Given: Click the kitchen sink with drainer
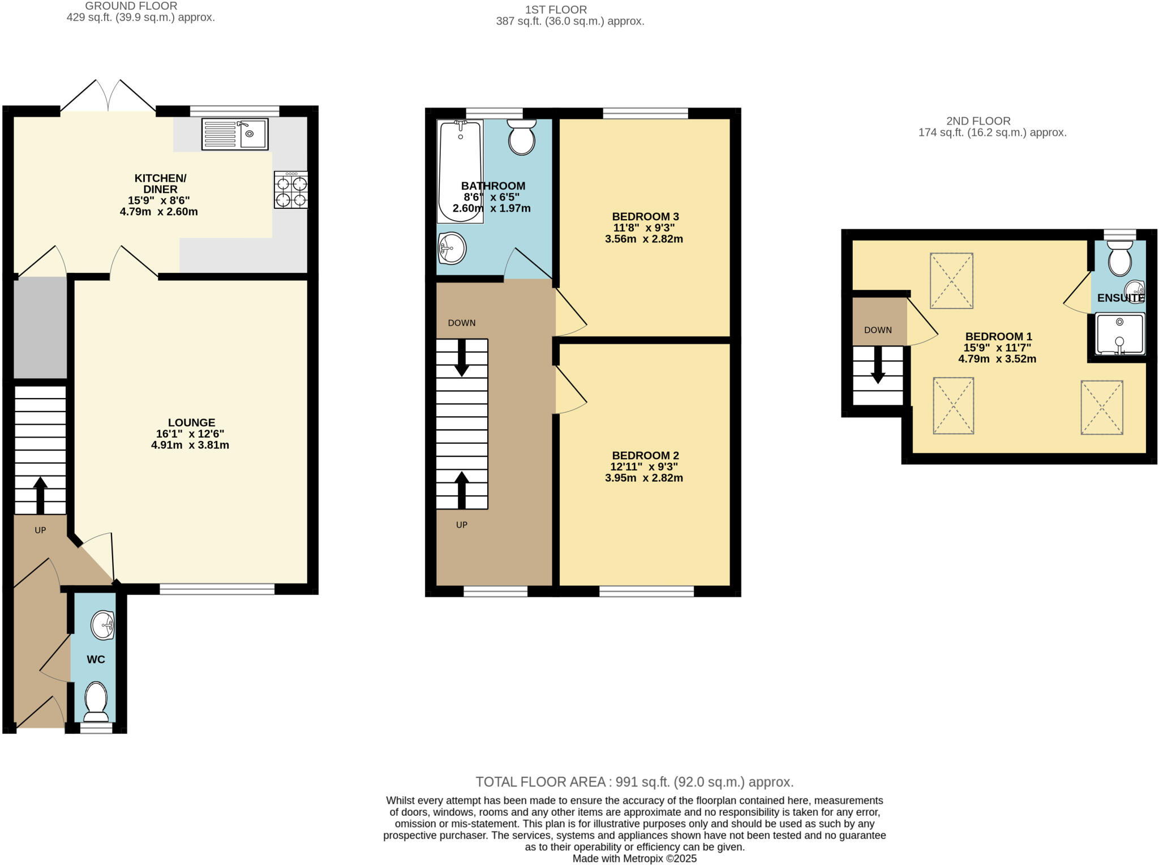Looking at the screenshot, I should click(235, 134).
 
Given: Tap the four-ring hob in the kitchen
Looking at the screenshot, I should click(291, 190).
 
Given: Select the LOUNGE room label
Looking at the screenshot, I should click(191, 422).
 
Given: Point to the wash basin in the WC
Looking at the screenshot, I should click(103, 625).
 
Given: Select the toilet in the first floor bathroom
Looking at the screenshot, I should click(522, 137).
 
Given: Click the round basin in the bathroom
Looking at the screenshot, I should click(452, 249).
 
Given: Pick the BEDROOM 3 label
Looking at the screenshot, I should click(645, 216).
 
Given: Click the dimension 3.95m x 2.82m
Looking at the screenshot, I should click(643, 478).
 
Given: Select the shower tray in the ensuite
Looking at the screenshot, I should click(1120, 333).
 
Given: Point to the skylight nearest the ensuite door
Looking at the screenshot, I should click(951, 281).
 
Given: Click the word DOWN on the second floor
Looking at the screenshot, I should click(878, 330).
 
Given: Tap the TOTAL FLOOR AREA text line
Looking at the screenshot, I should click(634, 782).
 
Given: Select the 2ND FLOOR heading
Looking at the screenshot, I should click(978, 121).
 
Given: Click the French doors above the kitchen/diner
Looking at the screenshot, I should click(108, 96).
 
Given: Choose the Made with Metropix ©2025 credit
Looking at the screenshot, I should click(634, 858).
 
